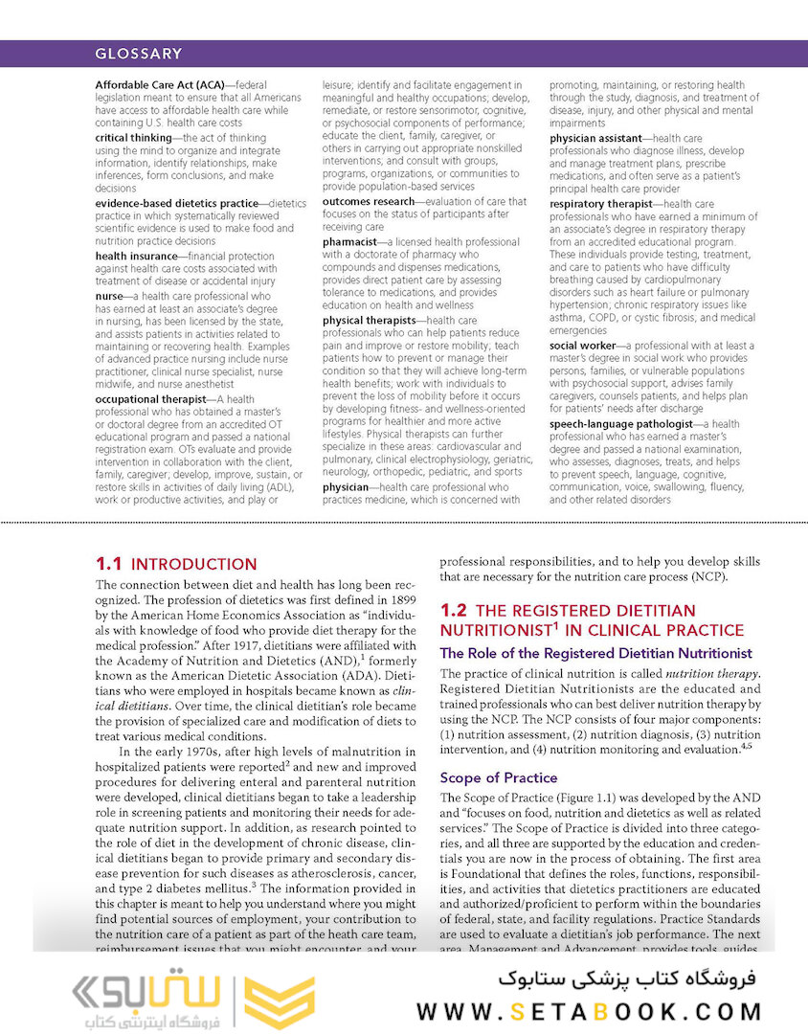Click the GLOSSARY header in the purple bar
click(139, 54)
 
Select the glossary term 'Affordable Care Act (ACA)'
click(159, 85)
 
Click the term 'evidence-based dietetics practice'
click(176, 203)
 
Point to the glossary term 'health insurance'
click(140, 257)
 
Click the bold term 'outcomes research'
click(369, 202)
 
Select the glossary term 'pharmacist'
click(348, 242)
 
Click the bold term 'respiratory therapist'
click(602, 204)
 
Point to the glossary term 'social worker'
click(581, 346)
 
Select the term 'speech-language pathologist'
click(619, 423)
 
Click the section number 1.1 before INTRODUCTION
click(108, 564)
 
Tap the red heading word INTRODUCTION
click(193, 564)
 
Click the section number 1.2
click(453, 610)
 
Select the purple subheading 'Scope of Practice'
click(498, 777)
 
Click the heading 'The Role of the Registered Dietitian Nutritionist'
click(595, 653)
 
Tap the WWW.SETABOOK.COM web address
click(589, 1011)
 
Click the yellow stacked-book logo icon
click(278, 1002)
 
